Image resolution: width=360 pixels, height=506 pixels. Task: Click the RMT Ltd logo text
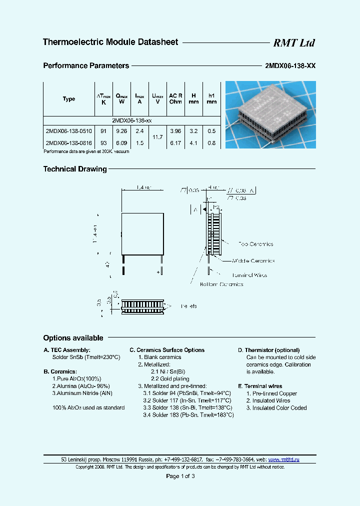click(x=293, y=43)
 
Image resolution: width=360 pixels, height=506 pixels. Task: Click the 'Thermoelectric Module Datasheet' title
click(x=110, y=42)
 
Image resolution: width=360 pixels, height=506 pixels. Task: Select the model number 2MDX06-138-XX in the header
click(x=290, y=65)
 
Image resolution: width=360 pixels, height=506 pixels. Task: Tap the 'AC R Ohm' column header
click(x=175, y=98)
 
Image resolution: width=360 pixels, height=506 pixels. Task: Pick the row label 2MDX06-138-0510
click(x=68, y=131)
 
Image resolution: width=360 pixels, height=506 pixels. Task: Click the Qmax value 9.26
click(x=121, y=131)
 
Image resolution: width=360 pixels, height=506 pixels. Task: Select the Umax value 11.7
click(x=157, y=136)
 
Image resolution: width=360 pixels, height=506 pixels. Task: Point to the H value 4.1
click(x=194, y=143)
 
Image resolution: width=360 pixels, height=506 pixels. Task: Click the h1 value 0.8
click(x=212, y=143)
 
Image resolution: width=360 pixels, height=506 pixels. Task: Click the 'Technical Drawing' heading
click(x=75, y=169)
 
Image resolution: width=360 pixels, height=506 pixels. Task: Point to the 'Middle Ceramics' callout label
click(x=253, y=260)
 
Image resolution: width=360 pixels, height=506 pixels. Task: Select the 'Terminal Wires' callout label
click(x=249, y=275)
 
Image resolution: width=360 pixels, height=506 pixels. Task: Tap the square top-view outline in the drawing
click(x=143, y=233)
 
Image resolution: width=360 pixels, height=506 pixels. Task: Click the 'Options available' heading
click(x=73, y=338)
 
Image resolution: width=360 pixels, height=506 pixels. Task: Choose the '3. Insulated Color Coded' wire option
click(x=276, y=408)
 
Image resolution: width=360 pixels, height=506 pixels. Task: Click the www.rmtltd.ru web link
click(x=284, y=459)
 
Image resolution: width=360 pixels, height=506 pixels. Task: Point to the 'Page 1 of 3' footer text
click(x=180, y=476)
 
